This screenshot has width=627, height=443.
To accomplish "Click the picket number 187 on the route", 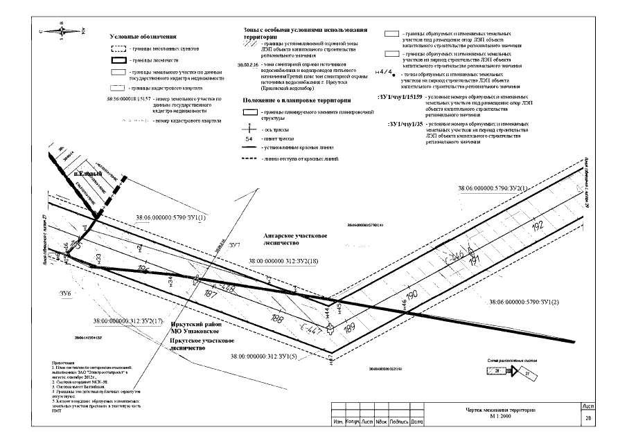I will click(212, 294).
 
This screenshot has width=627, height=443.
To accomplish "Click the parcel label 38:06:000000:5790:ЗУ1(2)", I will click(524, 302).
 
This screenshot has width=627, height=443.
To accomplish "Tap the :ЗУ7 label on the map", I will click(233, 246).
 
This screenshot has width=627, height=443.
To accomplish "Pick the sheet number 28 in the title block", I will click(588, 419).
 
